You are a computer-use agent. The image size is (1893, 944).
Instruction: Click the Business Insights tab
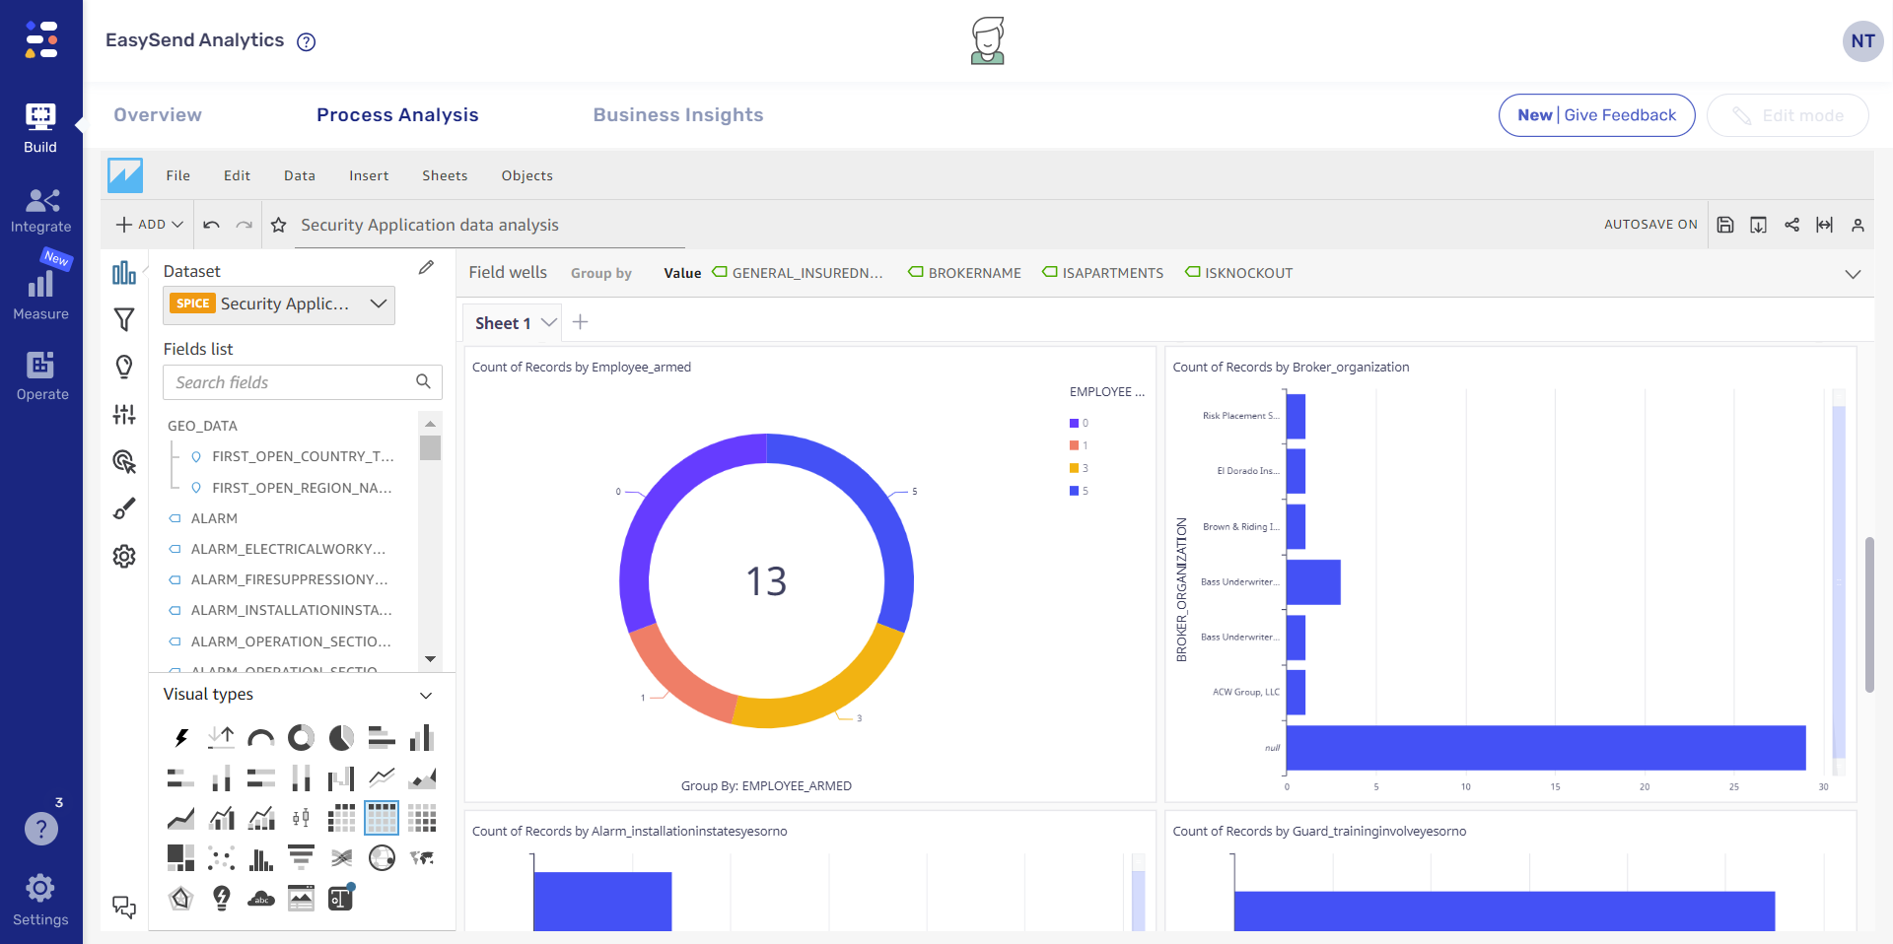677,115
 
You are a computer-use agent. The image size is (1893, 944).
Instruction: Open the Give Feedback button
1596,115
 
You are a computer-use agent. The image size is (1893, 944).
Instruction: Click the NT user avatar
1862,41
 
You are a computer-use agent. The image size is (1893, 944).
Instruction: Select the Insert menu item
368,176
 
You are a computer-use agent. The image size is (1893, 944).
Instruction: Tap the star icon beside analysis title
279,226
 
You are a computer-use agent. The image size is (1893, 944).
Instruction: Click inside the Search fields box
291,382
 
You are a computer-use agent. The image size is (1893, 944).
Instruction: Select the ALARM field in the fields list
214,518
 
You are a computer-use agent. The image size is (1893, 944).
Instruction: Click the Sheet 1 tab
503,323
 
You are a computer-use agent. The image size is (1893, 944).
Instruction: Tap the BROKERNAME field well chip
973,273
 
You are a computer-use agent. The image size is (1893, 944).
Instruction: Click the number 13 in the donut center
766,581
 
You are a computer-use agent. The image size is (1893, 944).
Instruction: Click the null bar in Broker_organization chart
1545,748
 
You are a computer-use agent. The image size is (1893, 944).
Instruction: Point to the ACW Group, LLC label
1245,692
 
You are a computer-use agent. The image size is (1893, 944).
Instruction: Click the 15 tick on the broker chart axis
1555,787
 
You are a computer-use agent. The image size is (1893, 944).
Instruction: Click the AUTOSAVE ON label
1649,225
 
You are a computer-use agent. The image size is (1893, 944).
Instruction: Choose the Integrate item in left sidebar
41,211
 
